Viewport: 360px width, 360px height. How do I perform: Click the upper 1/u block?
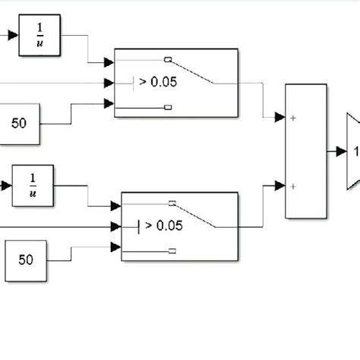click(x=39, y=34)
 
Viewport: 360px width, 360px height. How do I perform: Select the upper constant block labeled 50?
click(x=19, y=121)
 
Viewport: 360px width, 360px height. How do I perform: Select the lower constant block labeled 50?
click(x=26, y=259)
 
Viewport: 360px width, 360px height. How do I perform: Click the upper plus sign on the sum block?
click(x=292, y=118)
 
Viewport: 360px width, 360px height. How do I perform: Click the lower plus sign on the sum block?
click(x=292, y=185)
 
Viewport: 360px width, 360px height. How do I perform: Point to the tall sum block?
click(x=305, y=151)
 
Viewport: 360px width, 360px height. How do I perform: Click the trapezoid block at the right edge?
click(x=352, y=151)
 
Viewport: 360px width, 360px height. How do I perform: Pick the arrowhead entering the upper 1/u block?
click(x=14, y=34)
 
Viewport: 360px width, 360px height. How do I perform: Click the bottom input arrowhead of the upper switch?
click(x=109, y=103)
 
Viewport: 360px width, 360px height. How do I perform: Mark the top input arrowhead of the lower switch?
click(x=116, y=204)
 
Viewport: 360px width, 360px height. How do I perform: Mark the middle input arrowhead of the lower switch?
click(x=116, y=226)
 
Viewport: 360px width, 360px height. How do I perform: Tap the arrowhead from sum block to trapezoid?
click(x=341, y=151)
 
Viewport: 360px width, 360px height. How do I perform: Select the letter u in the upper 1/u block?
click(x=39, y=43)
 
